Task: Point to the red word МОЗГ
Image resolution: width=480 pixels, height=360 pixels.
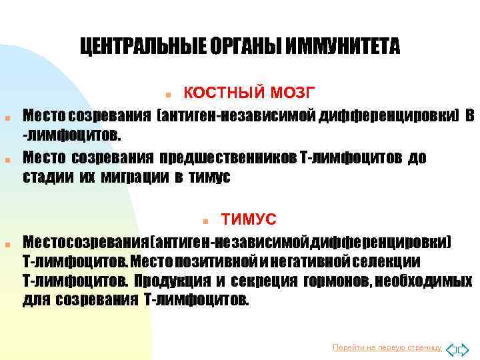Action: (287, 91)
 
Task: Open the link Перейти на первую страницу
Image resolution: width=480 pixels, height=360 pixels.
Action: (387, 347)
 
